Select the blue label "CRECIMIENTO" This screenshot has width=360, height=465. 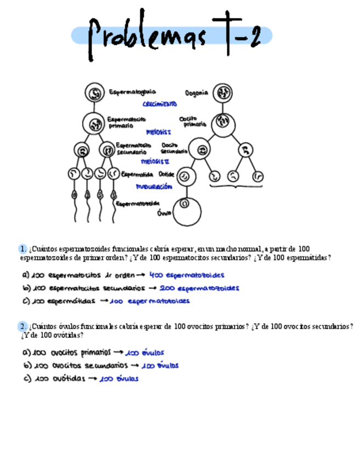click(160, 104)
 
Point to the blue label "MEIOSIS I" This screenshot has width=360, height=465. click(159, 132)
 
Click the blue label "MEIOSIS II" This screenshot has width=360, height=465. click(155, 162)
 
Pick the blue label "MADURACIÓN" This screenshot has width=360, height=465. click(154, 187)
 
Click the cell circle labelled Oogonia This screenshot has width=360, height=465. click(222, 93)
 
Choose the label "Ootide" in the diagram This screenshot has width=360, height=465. click(166, 174)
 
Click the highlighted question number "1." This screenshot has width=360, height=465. click(22, 249)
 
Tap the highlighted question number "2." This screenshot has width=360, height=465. click(22, 326)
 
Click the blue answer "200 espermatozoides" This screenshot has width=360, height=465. click(199, 288)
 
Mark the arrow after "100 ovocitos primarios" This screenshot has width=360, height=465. click(118, 353)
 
